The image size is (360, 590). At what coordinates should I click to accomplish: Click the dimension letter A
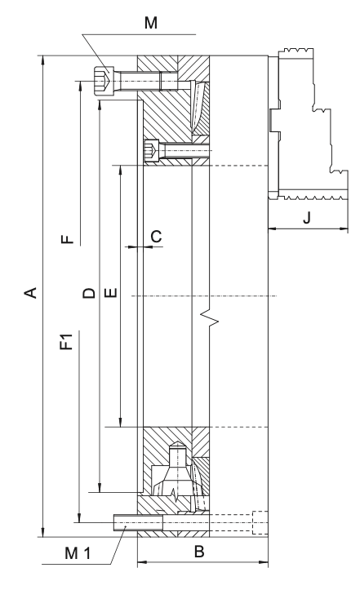[x=31, y=292]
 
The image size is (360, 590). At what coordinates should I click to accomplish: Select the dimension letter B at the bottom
[x=199, y=552]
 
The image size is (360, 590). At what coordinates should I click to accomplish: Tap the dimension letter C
[x=156, y=237]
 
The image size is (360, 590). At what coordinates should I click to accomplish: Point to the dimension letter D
[x=90, y=292]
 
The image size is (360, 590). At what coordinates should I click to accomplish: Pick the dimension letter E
[x=111, y=292]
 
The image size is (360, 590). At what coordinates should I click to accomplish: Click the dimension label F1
[x=67, y=341]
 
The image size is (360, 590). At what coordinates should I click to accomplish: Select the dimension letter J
[x=307, y=218]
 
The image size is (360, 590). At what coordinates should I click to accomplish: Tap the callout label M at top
[x=151, y=23]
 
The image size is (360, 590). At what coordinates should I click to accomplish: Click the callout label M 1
[x=78, y=553]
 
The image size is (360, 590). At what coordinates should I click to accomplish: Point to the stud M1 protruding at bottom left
[x=138, y=522]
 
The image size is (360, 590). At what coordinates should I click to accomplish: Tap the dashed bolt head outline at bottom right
[x=260, y=522]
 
